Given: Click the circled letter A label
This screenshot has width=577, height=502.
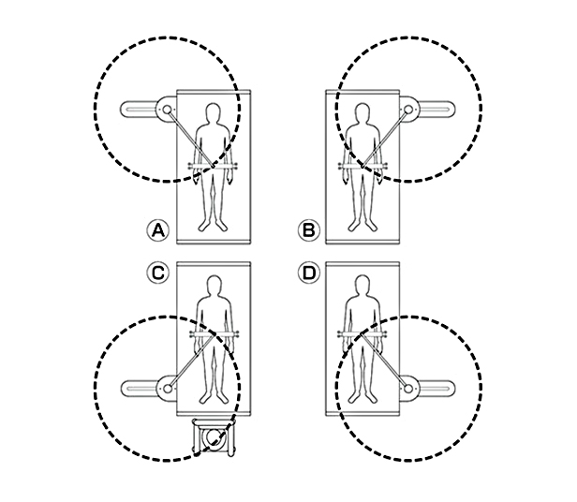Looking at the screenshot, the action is pyautogui.click(x=158, y=230).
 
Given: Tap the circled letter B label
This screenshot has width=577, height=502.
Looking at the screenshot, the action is pyautogui.click(x=309, y=230).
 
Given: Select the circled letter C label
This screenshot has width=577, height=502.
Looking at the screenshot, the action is pyautogui.click(x=158, y=273).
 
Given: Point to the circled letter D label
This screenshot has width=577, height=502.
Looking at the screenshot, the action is pyautogui.click(x=309, y=273).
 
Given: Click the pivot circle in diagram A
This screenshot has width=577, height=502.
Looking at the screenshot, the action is pyautogui.click(x=167, y=110).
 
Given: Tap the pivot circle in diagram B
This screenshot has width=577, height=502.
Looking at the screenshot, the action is pyautogui.click(x=408, y=110).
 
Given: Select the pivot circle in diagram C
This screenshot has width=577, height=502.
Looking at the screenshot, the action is pyautogui.click(x=167, y=388).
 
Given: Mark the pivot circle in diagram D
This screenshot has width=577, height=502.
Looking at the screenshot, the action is pyautogui.click(x=408, y=388).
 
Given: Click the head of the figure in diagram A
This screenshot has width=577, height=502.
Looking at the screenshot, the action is pyautogui.click(x=213, y=113).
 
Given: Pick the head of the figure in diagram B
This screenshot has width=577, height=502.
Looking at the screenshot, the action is pyautogui.click(x=362, y=113).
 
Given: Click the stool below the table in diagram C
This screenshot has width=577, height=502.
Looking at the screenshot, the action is pyautogui.click(x=214, y=436).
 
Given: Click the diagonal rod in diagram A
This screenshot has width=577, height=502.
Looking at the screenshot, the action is pyautogui.click(x=191, y=139).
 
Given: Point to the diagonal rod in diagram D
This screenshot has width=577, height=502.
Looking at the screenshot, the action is pyautogui.click(x=385, y=361).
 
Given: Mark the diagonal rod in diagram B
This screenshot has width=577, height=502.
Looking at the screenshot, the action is pyautogui.click(x=385, y=139).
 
